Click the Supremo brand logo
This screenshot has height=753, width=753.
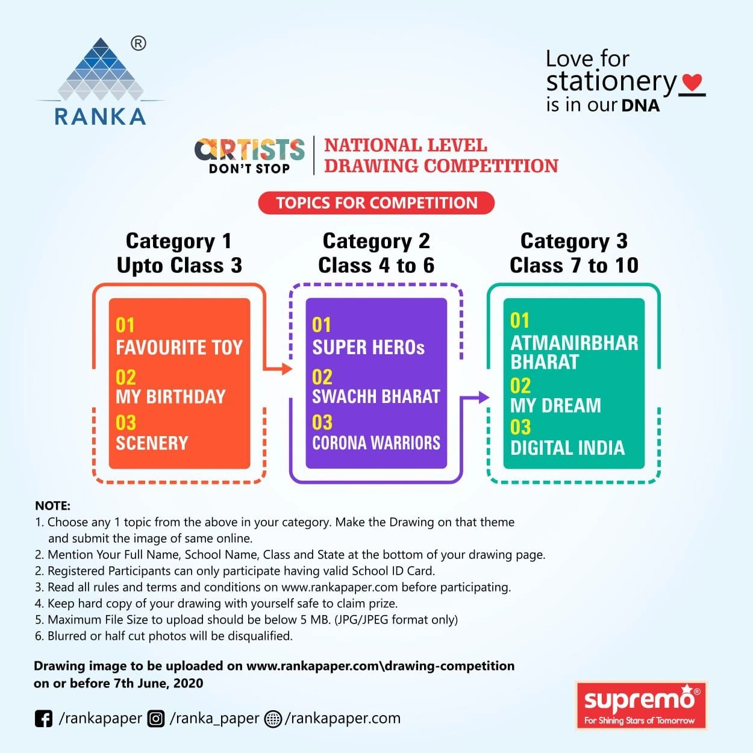coord(641,705)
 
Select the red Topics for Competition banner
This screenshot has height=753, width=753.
coord(377,203)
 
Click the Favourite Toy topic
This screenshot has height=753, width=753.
coord(179,348)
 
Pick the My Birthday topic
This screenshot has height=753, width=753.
coord(170,396)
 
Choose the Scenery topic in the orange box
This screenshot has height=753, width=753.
coord(152,443)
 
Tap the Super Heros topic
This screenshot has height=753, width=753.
coord(368,348)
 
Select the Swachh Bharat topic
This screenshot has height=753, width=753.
coord(376,396)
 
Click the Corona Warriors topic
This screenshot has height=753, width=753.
coord(376,443)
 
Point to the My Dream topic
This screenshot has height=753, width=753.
coord(555,405)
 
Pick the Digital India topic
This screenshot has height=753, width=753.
coord(567,448)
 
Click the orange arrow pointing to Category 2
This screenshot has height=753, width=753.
coord(283,369)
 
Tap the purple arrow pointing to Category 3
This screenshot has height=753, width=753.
coord(480,397)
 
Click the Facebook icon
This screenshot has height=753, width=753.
coord(43,719)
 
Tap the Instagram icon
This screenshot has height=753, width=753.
coord(156,719)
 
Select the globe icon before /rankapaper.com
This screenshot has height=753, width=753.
coord(273,719)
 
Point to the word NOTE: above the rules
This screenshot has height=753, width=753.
coord(52,506)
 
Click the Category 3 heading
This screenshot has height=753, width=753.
coord(573,241)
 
